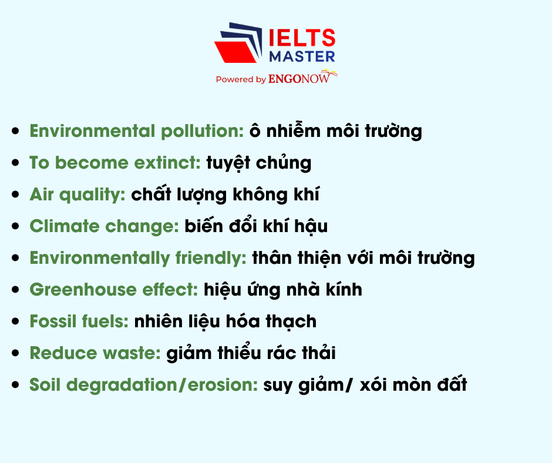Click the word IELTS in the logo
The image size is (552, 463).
pos(302,38)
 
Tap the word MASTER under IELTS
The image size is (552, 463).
pos(302,56)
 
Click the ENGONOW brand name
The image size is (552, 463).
pos(299,78)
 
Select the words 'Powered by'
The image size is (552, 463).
pos(241,79)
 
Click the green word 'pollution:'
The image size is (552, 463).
pos(203,130)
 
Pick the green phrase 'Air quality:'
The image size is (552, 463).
pos(78,195)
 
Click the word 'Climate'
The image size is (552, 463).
pos(65,226)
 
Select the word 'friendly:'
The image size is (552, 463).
pos(211,259)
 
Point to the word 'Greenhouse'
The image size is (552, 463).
pos(83,289)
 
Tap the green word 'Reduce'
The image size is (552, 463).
pos(63,353)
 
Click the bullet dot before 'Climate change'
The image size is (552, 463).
pos(15,226)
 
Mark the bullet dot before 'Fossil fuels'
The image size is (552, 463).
pos(15,321)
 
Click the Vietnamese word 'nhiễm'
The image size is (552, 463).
pos(293,130)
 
